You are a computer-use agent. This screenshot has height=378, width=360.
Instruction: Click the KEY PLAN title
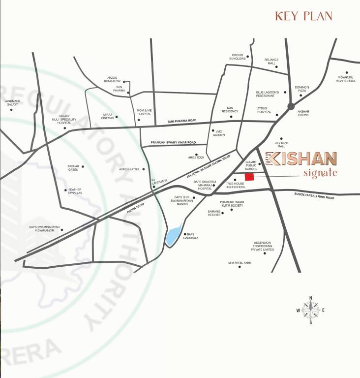pos(303,16)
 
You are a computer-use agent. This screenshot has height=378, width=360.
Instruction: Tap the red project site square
pos(249,177)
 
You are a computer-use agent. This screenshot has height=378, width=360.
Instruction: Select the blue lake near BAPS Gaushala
pos(173,237)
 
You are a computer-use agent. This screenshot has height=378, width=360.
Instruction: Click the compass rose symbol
pos(310,310)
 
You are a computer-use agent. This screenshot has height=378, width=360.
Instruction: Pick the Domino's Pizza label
pos(301,89)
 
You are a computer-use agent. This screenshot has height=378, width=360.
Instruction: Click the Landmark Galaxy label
pos(11,102)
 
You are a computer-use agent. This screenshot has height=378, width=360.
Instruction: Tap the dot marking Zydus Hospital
pos(276,115)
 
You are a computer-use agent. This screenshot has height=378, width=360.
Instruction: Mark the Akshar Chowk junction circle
pos(291,105)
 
